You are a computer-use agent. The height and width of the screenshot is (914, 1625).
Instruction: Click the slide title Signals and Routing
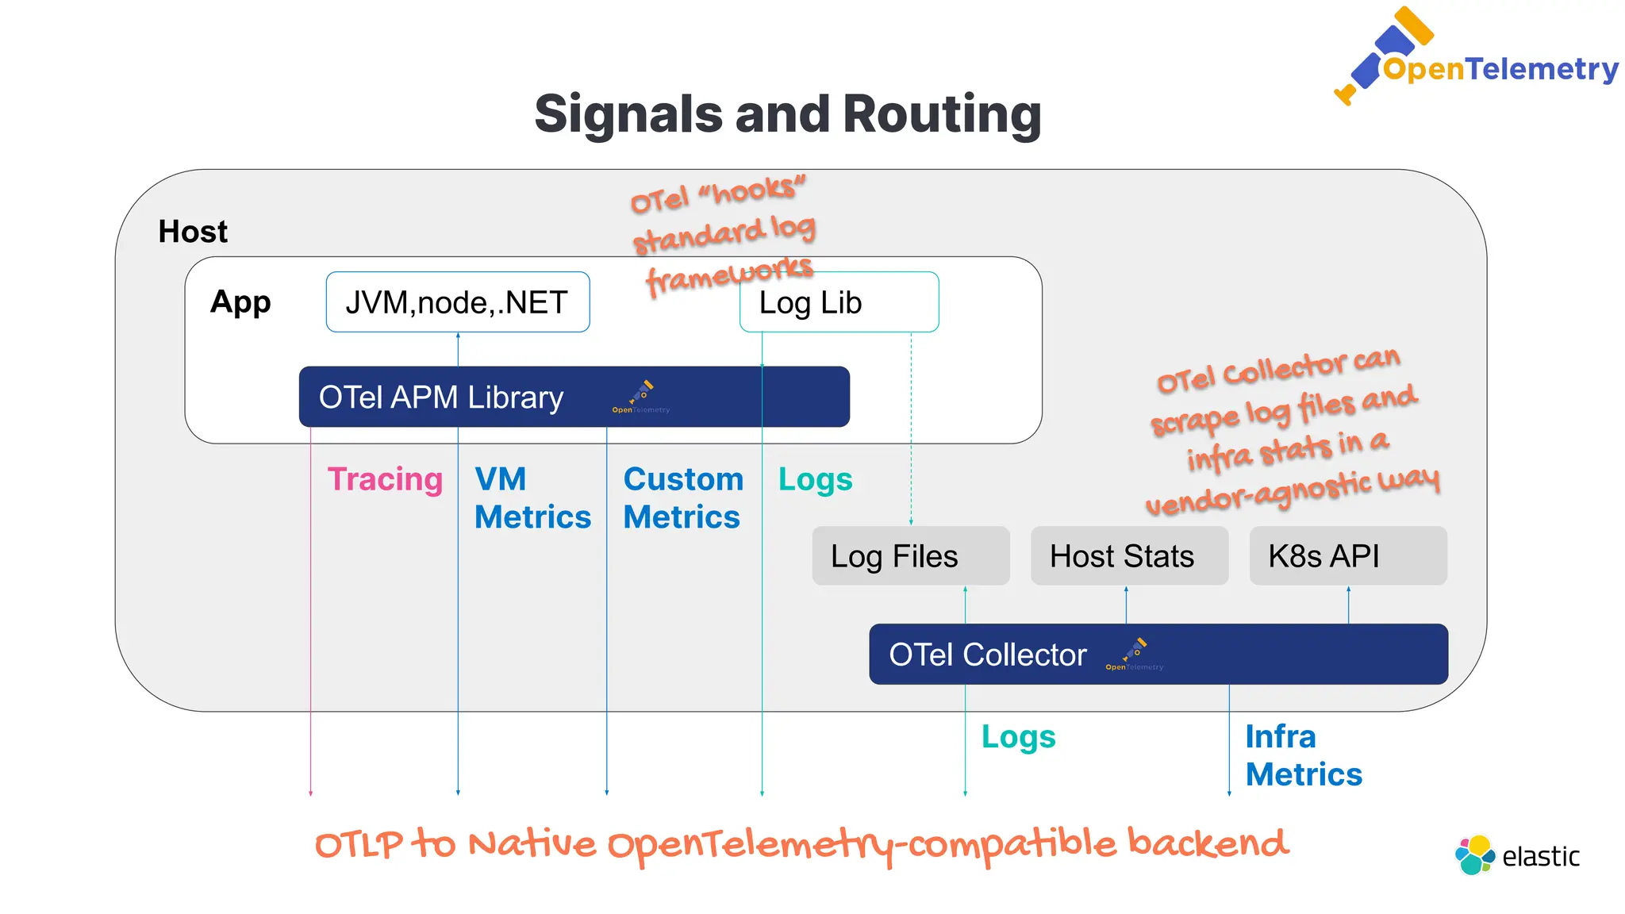point(787,113)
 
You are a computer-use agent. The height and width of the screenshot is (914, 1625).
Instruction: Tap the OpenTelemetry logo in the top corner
point(1476,60)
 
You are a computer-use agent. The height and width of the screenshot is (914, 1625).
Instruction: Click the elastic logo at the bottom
point(1517,855)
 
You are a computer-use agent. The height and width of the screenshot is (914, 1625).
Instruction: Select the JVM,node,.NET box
point(457,302)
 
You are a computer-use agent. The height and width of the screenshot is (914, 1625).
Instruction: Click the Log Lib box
point(839,302)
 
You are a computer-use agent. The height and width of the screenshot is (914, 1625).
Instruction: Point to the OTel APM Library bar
point(574,397)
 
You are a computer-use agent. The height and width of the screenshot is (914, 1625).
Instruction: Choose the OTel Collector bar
point(1158,655)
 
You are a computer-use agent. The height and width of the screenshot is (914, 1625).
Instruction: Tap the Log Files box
point(910,556)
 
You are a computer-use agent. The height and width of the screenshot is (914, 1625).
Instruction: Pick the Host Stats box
point(1128,556)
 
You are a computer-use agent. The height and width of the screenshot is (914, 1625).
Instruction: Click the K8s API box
point(1347,556)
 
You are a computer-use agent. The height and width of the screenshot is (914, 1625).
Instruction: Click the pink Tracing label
point(385,479)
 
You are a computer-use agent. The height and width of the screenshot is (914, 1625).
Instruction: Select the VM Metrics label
point(532,498)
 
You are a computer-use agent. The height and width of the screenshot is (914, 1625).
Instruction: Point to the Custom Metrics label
point(682,498)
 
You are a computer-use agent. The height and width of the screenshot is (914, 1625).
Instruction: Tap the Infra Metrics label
point(1303,755)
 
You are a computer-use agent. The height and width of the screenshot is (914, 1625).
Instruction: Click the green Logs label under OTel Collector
point(1018,737)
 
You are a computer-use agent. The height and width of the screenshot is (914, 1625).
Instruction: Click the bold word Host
point(193,232)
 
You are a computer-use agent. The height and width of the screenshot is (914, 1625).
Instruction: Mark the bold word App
point(240,302)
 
